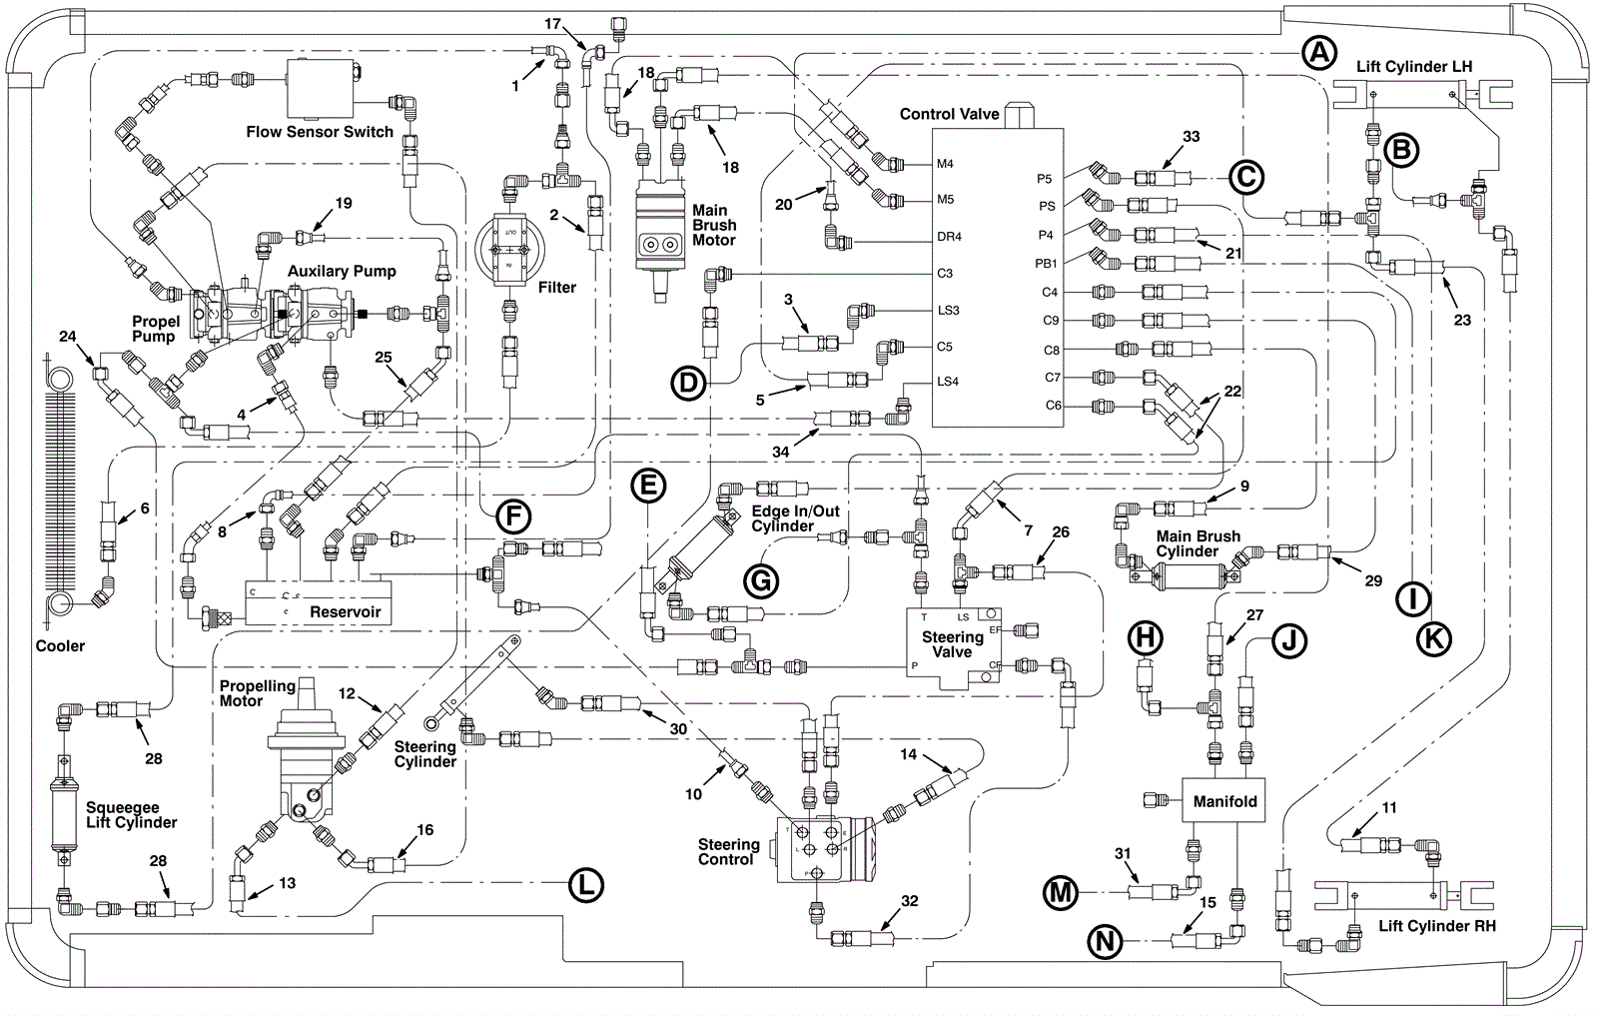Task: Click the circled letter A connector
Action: tap(1320, 53)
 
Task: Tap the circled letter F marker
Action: tap(512, 516)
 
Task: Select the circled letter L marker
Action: tap(585, 885)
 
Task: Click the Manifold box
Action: tap(1224, 801)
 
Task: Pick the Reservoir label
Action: tap(346, 611)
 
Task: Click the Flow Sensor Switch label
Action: tap(320, 132)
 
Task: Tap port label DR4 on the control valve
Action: tap(948, 237)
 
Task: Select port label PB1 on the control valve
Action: tap(1045, 264)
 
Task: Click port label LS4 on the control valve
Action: tap(947, 382)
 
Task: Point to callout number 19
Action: tap(343, 204)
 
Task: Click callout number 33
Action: tap(1191, 137)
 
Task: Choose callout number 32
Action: tap(909, 901)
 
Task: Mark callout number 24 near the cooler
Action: tap(68, 337)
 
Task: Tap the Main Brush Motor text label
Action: tap(714, 225)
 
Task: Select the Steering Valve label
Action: tap(952, 644)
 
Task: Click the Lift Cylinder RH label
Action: tap(1437, 926)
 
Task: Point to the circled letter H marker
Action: tap(1146, 637)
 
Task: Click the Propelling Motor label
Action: tap(258, 693)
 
